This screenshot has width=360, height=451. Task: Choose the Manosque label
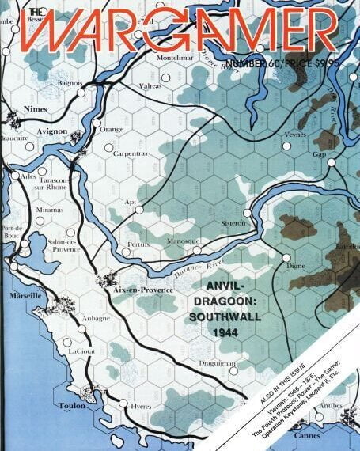click(x=182, y=241)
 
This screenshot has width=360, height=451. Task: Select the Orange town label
click(x=112, y=129)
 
